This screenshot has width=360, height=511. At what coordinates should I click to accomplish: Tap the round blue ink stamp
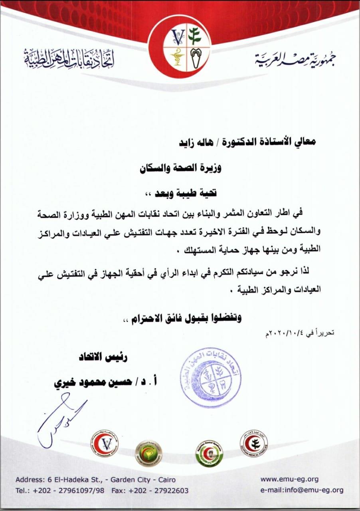(x=210, y=377)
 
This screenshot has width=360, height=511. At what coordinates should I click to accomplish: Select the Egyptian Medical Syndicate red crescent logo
(x=254, y=442)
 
